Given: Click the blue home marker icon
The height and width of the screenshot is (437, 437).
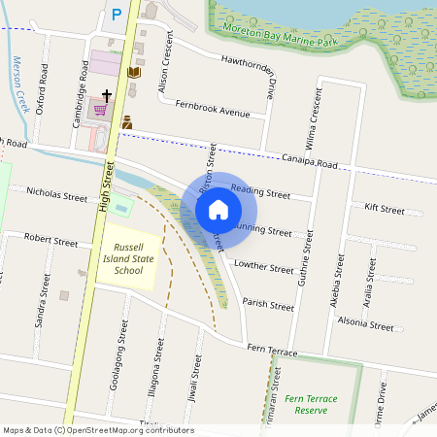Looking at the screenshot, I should point(218,210).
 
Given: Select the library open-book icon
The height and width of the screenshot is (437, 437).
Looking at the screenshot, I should point(134,72).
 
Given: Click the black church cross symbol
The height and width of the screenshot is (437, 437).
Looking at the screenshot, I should point(105,94).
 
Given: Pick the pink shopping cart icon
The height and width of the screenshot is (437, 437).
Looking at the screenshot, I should point(100,109).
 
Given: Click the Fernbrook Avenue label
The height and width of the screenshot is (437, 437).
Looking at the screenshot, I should point(213,112).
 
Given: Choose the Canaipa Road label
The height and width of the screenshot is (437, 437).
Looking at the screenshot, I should point(310,160).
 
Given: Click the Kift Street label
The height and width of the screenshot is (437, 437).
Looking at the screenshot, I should point(385,209).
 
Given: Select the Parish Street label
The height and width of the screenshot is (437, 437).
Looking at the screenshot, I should point(268,305).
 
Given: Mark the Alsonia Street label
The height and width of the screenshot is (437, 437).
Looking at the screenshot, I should point(366,327).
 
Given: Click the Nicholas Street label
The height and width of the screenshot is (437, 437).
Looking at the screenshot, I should point(57,195).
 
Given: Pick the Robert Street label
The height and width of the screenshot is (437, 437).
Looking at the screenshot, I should point(51,238).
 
